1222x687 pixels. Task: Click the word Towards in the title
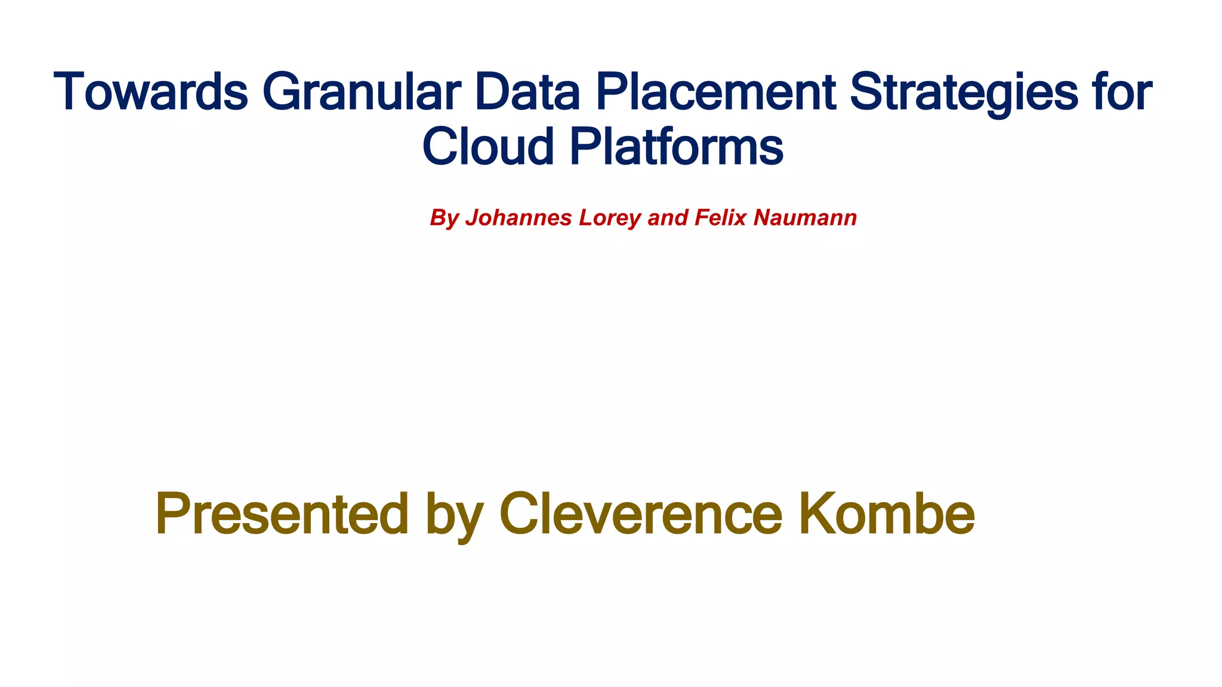[150, 92]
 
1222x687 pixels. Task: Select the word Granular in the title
[361, 92]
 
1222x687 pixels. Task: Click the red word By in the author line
[444, 218]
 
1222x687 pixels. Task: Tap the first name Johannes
[519, 218]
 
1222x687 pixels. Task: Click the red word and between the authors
[668, 218]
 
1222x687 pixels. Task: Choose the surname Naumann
[805, 218]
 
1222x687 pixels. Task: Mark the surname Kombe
[886, 514]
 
